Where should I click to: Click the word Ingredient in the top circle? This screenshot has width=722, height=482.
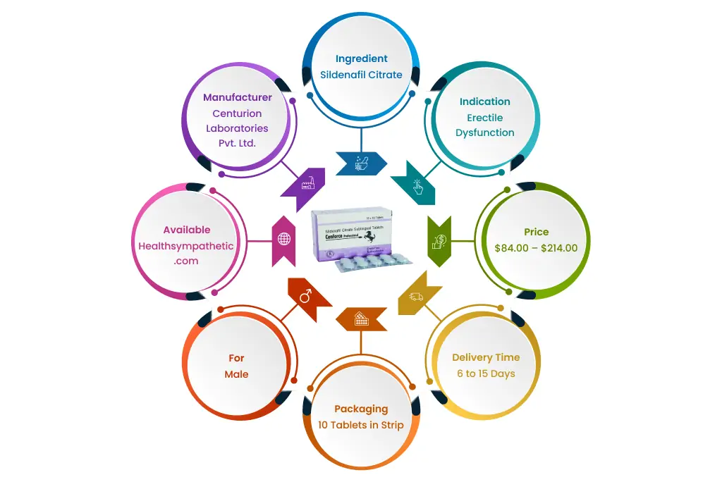coord(361,58)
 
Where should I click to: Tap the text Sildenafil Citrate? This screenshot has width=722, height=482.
coord(361,75)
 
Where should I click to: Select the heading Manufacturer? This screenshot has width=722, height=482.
coord(238,97)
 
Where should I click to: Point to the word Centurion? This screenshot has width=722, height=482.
coord(238,113)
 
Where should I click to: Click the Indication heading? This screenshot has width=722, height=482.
coord(484,101)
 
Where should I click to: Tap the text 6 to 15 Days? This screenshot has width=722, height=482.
coord(486,373)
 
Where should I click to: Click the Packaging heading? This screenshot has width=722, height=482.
coord(361,409)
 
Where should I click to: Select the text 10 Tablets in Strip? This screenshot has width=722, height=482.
coord(361,425)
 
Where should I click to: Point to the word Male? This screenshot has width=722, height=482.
coord(237,374)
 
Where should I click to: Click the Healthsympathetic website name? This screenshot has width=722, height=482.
coord(186,245)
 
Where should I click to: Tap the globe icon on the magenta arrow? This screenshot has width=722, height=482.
coord(284,240)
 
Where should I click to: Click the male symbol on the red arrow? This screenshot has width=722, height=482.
coord(305,297)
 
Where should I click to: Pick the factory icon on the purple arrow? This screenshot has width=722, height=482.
coord(307,185)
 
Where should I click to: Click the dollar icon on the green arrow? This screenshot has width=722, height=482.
coord(438,240)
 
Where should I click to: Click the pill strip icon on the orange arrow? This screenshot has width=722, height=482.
coord(361,318)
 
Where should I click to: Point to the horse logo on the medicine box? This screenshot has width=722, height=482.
coord(384,237)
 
